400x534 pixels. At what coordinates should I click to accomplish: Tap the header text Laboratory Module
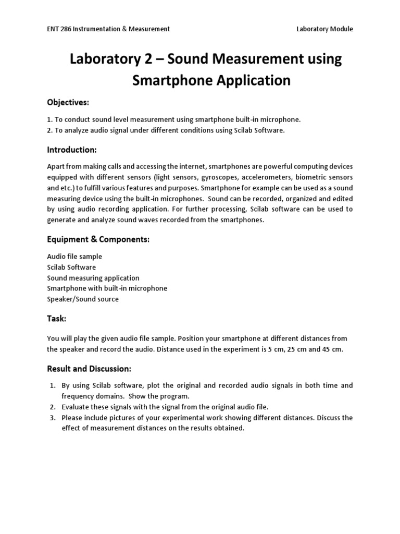pos(324,29)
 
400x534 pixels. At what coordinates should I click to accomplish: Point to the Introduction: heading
pos(72,150)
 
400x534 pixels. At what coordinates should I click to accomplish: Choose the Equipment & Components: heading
pos(98,239)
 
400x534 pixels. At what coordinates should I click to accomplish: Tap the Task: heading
pos(57,319)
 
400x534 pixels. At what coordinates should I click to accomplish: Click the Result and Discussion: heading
pos(89,369)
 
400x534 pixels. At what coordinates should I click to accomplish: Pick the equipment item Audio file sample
pos(74,257)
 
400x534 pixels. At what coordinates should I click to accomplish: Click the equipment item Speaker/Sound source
pos(83,299)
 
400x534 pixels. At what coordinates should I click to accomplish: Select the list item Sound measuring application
pos(93,278)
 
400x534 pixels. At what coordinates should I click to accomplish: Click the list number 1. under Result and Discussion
pos(53,385)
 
